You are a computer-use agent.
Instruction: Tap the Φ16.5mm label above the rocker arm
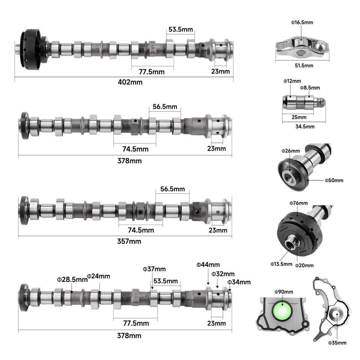click(302, 22)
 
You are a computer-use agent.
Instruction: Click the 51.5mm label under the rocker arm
click(302, 65)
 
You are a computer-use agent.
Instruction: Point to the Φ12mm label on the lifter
click(292, 81)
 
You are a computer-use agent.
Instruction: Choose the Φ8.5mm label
click(310, 88)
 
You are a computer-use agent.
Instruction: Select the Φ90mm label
click(283, 291)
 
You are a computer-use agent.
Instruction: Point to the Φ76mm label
click(298, 203)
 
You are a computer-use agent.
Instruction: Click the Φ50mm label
click(334, 180)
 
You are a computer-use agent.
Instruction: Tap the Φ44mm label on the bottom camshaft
click(208, 265)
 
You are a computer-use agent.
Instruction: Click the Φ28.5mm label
click(71, 279)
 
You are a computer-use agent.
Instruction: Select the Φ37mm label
click(154, 269)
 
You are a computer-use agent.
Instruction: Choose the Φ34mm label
click(239, 282)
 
